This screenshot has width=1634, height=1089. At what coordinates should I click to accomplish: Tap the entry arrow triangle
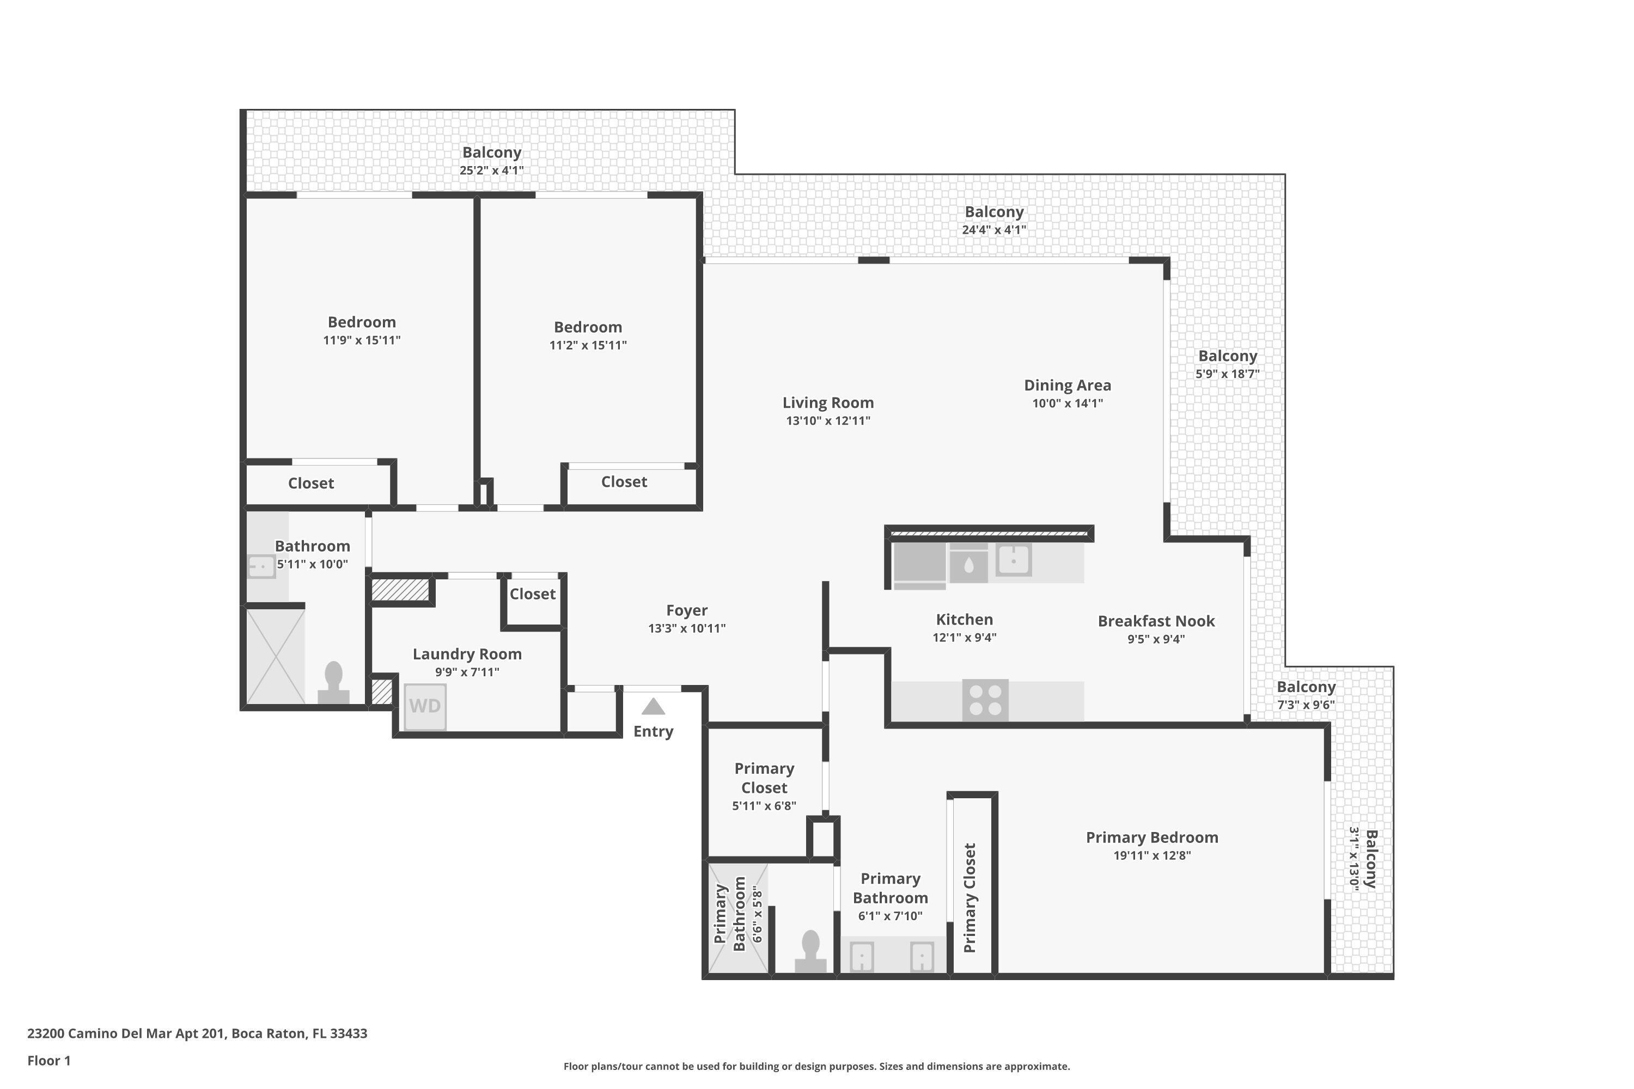653,707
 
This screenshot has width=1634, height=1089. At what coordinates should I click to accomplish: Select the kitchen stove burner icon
985,700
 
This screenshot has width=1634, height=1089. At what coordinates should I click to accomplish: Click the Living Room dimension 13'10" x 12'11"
827,420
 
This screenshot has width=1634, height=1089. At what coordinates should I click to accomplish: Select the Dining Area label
1067,386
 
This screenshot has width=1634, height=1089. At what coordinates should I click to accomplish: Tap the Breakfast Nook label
1156,621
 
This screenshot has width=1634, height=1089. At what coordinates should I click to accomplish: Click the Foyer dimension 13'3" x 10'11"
686,628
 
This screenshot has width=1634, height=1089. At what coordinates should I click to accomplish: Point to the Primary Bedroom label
1152,837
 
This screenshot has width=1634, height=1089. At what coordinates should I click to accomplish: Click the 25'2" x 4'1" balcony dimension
491,170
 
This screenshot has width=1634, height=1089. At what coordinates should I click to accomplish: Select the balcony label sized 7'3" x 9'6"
1306,687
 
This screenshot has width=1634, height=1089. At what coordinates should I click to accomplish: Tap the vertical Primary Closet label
970,897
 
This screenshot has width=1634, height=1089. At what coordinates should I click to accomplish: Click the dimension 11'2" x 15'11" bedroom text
588,345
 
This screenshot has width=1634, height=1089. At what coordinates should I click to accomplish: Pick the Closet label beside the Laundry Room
532,594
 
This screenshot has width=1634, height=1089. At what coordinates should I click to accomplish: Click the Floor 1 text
48,1061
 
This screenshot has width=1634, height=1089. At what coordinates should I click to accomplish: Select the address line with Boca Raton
197,1033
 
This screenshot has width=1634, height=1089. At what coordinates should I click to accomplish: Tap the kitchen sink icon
1014,559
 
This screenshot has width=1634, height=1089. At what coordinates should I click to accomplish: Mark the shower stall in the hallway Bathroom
275,656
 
